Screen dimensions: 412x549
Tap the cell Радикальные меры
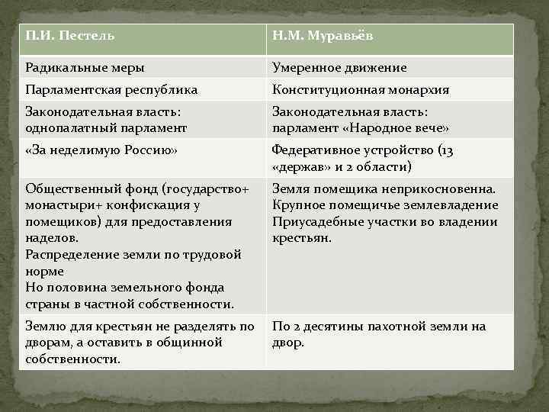coord(85,68)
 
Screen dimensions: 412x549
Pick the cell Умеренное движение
coord(339,68)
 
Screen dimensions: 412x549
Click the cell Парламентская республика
coord(111,90)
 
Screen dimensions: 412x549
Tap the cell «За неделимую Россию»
coord(101,150)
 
